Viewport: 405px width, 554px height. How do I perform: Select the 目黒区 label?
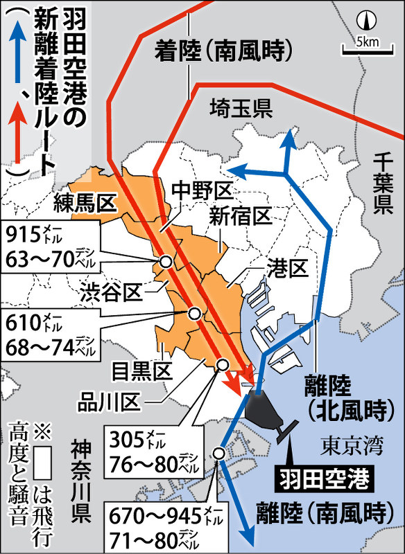coord(142,370)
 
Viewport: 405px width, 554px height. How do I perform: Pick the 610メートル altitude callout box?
coord(52,334)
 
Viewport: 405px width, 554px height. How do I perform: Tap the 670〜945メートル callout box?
coord(159,526)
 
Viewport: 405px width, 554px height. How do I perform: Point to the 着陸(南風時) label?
coord(221,50)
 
